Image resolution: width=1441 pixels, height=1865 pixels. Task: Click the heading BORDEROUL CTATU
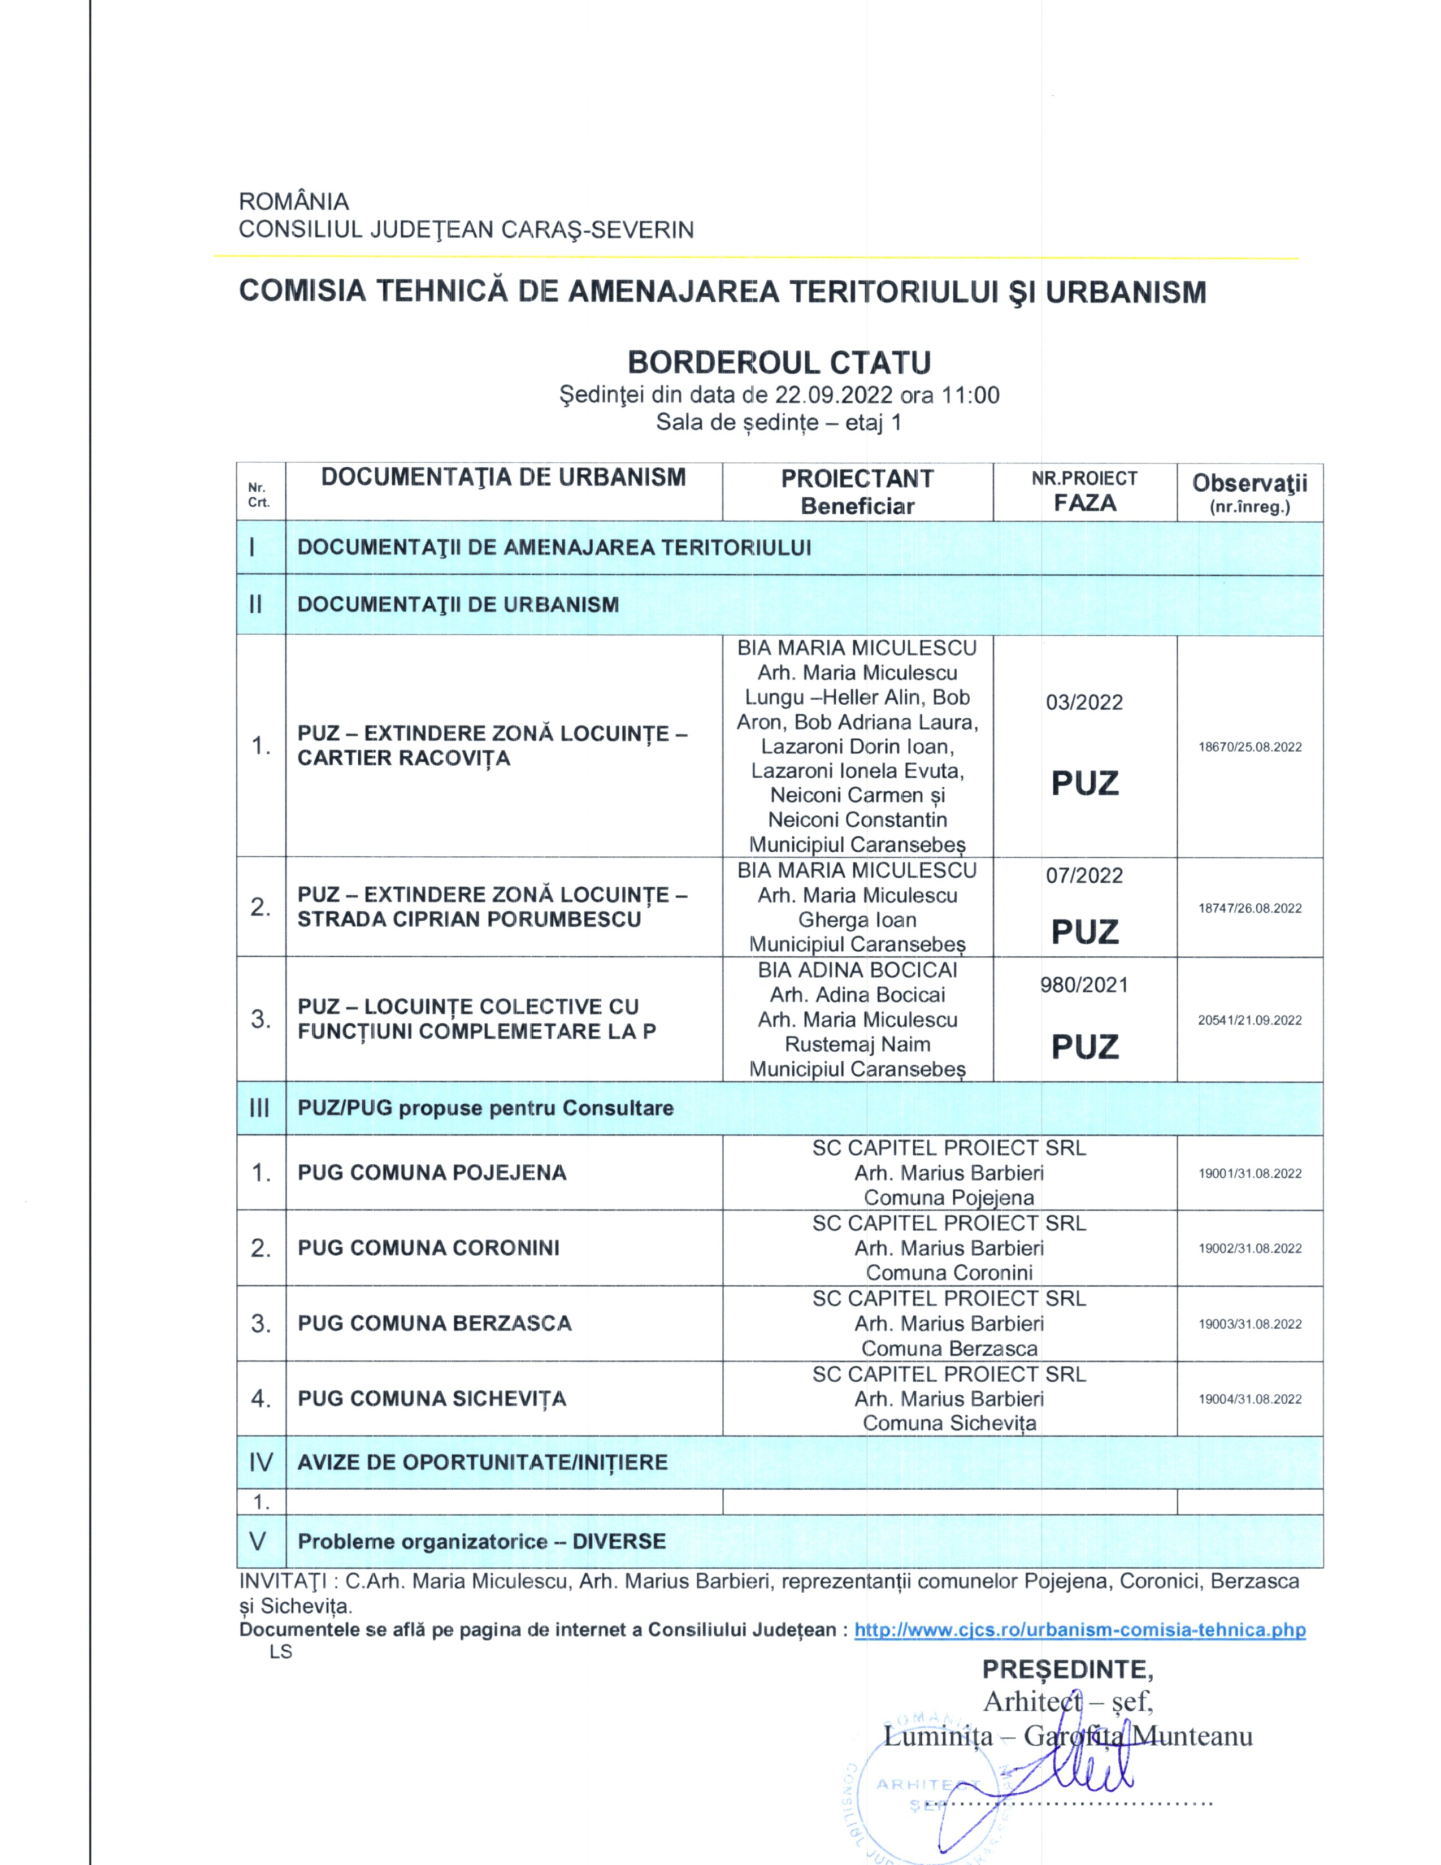tap(779, 363)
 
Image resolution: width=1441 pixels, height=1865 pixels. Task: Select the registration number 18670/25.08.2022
tap(1250, 747)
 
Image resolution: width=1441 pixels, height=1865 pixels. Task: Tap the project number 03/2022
tap(1084, 703)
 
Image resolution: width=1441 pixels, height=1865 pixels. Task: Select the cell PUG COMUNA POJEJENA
tap(432, 1173)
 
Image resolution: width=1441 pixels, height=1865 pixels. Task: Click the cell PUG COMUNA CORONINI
tap(428, 1248)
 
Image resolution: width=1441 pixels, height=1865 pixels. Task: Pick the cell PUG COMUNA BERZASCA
tap(435, 1323)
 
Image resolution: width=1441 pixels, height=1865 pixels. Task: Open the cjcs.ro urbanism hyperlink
tap(1080, 1629)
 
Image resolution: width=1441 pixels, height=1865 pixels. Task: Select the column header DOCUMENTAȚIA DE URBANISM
tap(504, 478)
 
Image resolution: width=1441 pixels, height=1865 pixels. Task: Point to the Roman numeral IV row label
tap(261, 1462)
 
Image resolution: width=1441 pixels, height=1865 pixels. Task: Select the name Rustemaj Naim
tap(857, 1044)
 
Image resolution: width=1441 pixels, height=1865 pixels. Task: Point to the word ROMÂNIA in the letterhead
tap(294, 202)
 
